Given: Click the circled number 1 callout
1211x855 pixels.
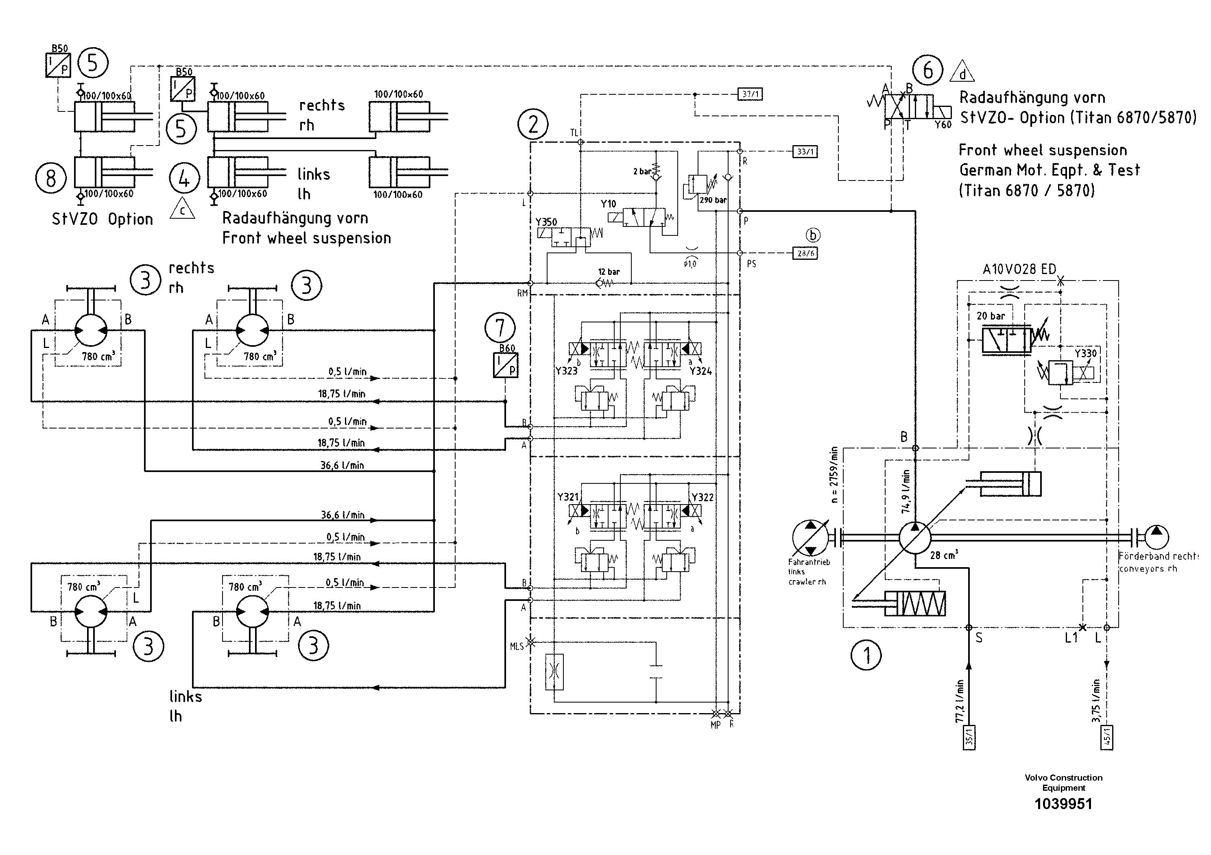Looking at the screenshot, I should [x=866, y=655].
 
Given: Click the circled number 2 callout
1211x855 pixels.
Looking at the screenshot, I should [x=533, y=124].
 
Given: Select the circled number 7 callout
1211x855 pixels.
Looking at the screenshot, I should [x=500, y=328].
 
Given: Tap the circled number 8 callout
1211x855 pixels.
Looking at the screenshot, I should [x=50, y=178].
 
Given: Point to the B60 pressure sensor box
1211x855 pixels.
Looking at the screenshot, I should [x=505, y=365].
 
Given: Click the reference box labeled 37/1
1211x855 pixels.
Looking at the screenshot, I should [x=750, y=94].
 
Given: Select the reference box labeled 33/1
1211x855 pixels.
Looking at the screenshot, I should [x=805, y=152].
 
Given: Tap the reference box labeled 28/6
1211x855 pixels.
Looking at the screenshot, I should [x=805, y=254].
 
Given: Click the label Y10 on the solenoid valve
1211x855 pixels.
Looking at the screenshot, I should [x=608, y=204].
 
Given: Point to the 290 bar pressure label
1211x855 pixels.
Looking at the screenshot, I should [x=713, y=200].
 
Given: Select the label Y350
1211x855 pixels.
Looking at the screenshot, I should [x=546, y=222].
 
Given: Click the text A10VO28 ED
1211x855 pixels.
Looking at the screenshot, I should [x=1019, y=270].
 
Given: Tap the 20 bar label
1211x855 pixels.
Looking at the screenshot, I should [x=991, y=316].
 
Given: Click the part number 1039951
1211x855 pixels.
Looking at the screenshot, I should [x=1063, y=804].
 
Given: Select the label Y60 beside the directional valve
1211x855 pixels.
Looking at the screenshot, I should [x=943, y=125].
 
